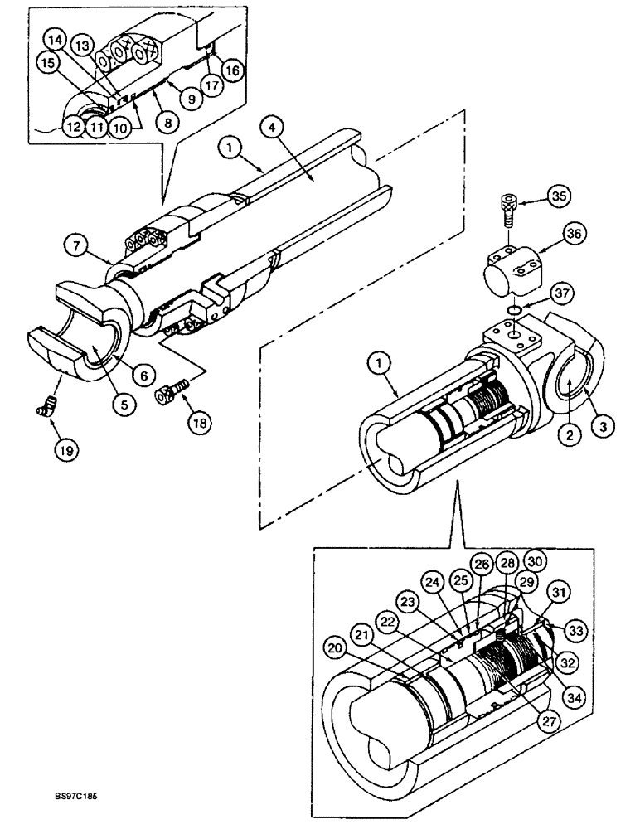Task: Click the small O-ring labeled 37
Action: tap(514, 309)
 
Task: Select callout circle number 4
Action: tap(272, 128)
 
